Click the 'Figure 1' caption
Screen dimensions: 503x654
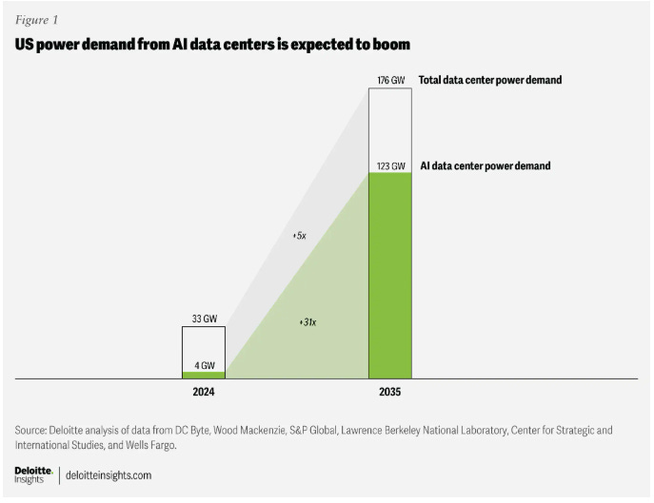coord(36,18)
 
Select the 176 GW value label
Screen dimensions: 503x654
coord(390,81)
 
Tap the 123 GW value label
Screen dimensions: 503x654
coord(390,165)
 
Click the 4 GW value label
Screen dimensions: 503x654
coord(204,363)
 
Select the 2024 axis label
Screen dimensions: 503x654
coord(204,391)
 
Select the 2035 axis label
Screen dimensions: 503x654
coord(390,391)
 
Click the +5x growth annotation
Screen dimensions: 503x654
coord(299,234)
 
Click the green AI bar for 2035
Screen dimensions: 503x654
coord(390,276)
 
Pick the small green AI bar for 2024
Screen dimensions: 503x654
coord(204,375)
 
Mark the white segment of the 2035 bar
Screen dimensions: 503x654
coord(390,124)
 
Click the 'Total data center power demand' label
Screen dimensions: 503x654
coord(490,81)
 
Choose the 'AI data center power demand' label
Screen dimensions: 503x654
coord(485,165)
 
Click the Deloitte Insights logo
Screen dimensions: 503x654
coord(32,474)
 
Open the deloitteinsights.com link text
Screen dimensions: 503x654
coord(109,474)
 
